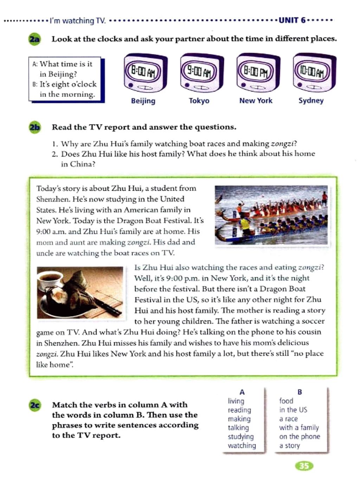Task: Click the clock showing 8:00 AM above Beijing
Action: pos(146,73)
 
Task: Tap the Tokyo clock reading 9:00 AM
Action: pos(201,73)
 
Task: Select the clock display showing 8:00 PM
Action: pos(258,72)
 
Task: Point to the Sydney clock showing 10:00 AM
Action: pos(314,72)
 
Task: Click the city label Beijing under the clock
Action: pos(143,101)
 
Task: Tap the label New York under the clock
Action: pos(256,101)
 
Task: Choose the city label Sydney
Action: pos(311,101)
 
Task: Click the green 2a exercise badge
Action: pos(34,39)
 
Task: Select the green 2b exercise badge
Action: pos(34,127)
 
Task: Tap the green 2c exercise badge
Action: pos(35,405)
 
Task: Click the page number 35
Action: pos(304,466)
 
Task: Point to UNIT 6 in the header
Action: pos(292,20)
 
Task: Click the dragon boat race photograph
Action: pos(271,215)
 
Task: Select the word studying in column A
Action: pos(240,437)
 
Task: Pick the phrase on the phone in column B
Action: pos(300,437)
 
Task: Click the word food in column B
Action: pos(286,401)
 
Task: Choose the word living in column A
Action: pos(236,401)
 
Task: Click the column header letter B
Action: pos(300,392)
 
